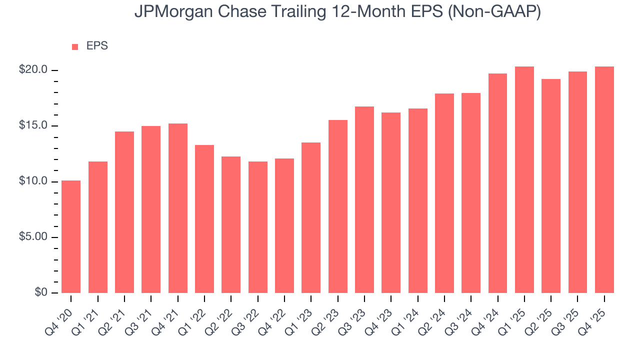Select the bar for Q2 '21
tap(124, 212)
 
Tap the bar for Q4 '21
tap(178, 208)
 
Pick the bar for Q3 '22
tap(258, 227)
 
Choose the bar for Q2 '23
tap(338, 206)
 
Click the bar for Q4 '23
tap(391, 202)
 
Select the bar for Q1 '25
tap(524, 179)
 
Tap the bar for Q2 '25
tap(551, 185)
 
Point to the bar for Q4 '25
tap(604, 179)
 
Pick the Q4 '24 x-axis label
tap(486, 314)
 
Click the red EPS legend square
tap(75, 46)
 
